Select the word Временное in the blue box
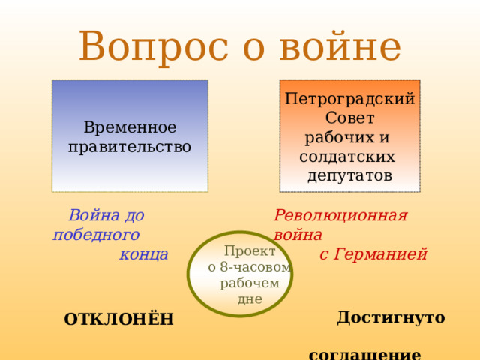130,128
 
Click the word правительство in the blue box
130,146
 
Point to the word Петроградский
349,99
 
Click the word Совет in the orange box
349,118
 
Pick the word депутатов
349,175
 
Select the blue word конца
143,254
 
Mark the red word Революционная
340,215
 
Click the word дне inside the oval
249,299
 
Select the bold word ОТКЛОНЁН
118,320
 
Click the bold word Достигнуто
391,317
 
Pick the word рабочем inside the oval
249,283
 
